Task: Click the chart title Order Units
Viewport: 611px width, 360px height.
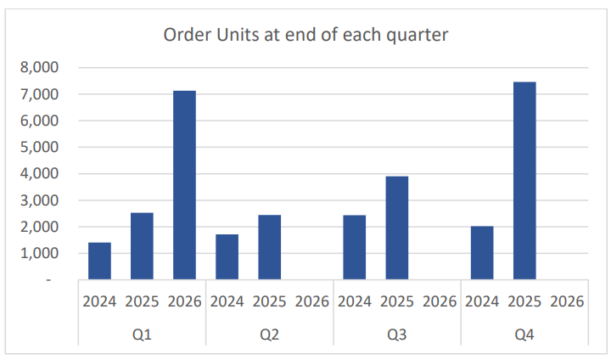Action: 305,36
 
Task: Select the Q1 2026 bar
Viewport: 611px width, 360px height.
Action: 184,184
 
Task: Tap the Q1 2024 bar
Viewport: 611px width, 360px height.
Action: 99,261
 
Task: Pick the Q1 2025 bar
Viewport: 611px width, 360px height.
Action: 142,245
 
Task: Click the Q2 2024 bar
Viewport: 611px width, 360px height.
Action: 227,256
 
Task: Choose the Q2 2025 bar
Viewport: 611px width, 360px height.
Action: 269,246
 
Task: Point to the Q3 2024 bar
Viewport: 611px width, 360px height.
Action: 354,246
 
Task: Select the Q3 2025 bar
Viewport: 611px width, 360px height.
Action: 396,227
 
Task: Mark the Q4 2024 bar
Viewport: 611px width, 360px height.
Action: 481,252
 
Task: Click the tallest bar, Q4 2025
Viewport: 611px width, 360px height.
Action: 524,180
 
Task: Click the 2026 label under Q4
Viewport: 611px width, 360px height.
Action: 566,301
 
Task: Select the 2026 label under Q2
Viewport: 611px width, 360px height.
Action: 311,301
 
